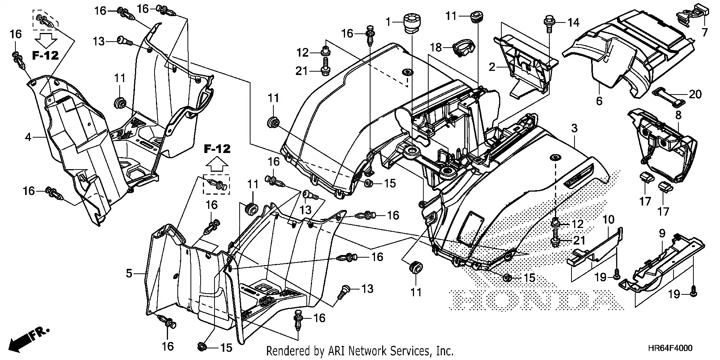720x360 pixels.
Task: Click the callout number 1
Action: [x=389, y=22]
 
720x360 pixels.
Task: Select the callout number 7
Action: [x=705, y=33]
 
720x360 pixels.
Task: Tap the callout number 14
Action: [x=573, y=23]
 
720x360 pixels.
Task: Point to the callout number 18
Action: [x=436, y=48]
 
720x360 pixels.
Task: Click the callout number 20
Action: [x=695, y=94]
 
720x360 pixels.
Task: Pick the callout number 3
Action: [x=574, y=129]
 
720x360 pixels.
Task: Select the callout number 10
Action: [x=608, y=219]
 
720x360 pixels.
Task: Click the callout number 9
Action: [x=662, y=234]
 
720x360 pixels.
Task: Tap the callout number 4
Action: [x=28, y=138]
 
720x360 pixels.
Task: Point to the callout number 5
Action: [x=129, y=273]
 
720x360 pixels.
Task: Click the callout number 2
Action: [x=492, y=67]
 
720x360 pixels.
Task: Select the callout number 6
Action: [x=599, y=101]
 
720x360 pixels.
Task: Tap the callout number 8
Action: [x=678, y=115]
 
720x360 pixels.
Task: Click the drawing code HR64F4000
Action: [x=670, y=348]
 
